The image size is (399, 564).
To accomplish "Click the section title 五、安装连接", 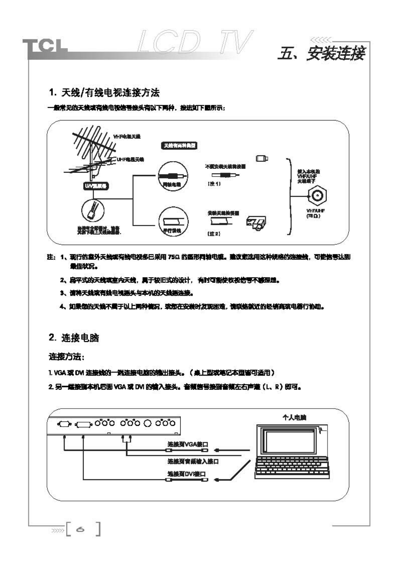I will coord(321,53).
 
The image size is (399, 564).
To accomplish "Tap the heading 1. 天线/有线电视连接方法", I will coord(104,93).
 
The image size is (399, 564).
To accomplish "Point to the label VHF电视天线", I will coord(127,137).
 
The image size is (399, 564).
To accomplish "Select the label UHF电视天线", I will coord(130,159).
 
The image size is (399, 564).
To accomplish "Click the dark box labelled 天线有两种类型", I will coord(179,145).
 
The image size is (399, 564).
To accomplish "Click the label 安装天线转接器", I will coord(223,213).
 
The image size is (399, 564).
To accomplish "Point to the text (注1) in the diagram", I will coord(214,184).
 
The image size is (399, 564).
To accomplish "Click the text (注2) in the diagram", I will coord(214,233).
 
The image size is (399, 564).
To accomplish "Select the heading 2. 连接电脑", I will coord(74,337).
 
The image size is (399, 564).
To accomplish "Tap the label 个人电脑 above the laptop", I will coord(294,417).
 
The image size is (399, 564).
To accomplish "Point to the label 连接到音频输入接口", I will coord(193,462).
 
